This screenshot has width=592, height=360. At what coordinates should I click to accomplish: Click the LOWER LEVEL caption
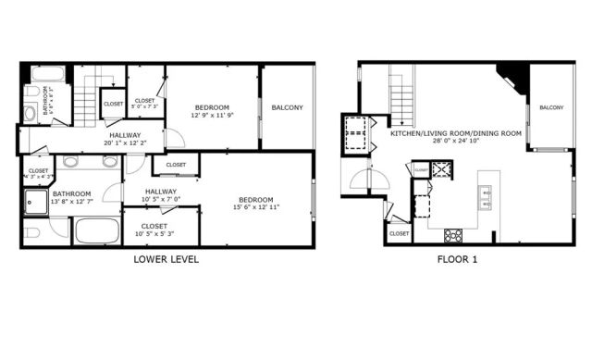(x=166, y=259)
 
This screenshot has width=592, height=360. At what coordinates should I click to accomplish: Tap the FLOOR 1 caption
(x=457, y=259)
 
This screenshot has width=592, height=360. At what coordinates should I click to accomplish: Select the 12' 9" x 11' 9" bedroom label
(x=212, y=111)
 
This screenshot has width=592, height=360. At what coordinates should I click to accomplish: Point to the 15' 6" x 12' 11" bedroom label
(x=255, y=204)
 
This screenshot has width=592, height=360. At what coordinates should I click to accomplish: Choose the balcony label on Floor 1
(x=551, y=108)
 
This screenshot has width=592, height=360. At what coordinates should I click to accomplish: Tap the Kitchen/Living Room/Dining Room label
(x=456, y=137)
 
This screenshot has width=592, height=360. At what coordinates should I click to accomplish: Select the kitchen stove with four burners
(x=453, y=233)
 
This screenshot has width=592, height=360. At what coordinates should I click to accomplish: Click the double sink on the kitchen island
(x=486, y=197)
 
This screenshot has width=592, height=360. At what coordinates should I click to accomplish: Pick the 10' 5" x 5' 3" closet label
(x=154, y=230)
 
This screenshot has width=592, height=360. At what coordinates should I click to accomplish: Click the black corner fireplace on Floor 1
(x=512, y=77)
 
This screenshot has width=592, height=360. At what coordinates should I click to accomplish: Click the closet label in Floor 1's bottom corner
(x=399, y=233)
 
